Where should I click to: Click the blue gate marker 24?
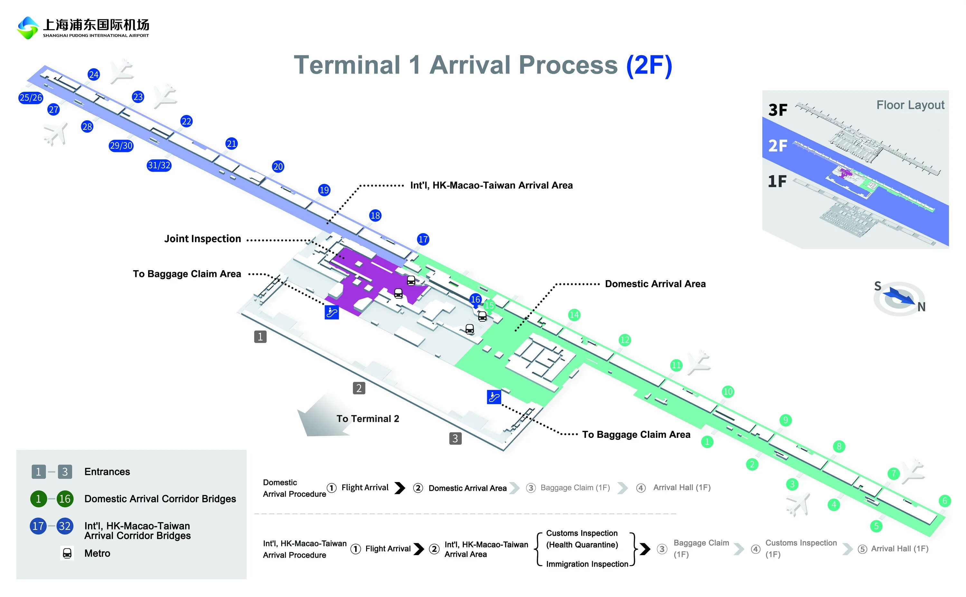94,75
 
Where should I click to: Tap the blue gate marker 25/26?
31,98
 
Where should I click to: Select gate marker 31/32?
159,165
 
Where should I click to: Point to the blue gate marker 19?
324,190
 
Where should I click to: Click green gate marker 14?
574,315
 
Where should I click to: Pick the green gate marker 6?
945,501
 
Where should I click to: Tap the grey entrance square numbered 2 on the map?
359,388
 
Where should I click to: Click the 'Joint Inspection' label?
203,239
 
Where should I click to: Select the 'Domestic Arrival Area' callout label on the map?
655,284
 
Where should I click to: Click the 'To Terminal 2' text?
367,419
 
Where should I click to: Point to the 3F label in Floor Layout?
777,110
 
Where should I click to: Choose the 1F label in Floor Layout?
777,182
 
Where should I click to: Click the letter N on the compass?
921,307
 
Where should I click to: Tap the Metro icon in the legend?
67,553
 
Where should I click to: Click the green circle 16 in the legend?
65,499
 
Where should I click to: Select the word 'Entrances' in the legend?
107,472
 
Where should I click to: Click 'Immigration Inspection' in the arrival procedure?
587,564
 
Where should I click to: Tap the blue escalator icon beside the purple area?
332,312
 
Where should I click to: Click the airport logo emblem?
27,28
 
